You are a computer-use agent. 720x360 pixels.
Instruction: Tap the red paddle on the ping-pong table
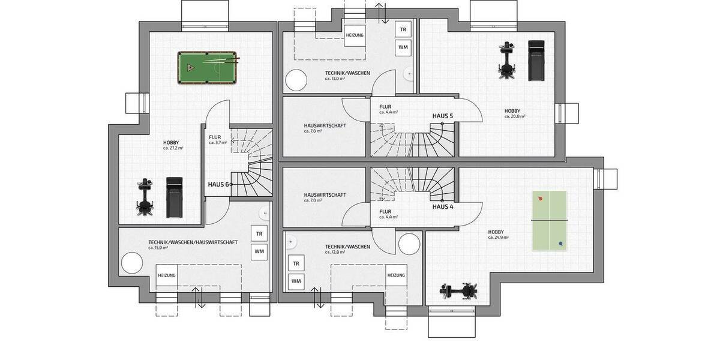point(541,199)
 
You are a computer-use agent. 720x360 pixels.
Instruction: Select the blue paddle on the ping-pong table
point(560,244)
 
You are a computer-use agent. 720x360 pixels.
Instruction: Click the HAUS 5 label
point(443,115)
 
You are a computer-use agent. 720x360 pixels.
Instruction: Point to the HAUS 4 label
point(443,206)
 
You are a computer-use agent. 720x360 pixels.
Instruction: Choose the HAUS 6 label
point(218,184)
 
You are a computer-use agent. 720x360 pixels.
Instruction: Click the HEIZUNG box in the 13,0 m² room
point(355,35)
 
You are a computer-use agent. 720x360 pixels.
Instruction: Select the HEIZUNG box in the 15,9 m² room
point(167,275)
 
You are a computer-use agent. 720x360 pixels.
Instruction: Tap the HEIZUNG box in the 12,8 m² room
point(396,275)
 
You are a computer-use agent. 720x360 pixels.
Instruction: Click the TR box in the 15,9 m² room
point(259,234)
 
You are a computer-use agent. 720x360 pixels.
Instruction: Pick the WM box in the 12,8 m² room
point(296,280)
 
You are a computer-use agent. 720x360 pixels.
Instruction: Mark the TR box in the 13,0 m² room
point(403,29)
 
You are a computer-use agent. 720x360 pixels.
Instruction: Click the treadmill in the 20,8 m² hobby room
point(535,60)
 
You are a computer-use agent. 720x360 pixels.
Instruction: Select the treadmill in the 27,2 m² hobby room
point(174,197)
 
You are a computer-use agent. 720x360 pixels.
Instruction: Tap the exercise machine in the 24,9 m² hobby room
point(460,291)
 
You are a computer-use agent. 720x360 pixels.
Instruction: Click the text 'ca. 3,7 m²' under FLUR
point(217,143)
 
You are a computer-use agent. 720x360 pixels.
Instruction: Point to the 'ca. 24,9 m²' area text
point(497,238)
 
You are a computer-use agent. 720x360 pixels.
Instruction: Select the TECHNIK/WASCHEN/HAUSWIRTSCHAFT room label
point(193,242)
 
